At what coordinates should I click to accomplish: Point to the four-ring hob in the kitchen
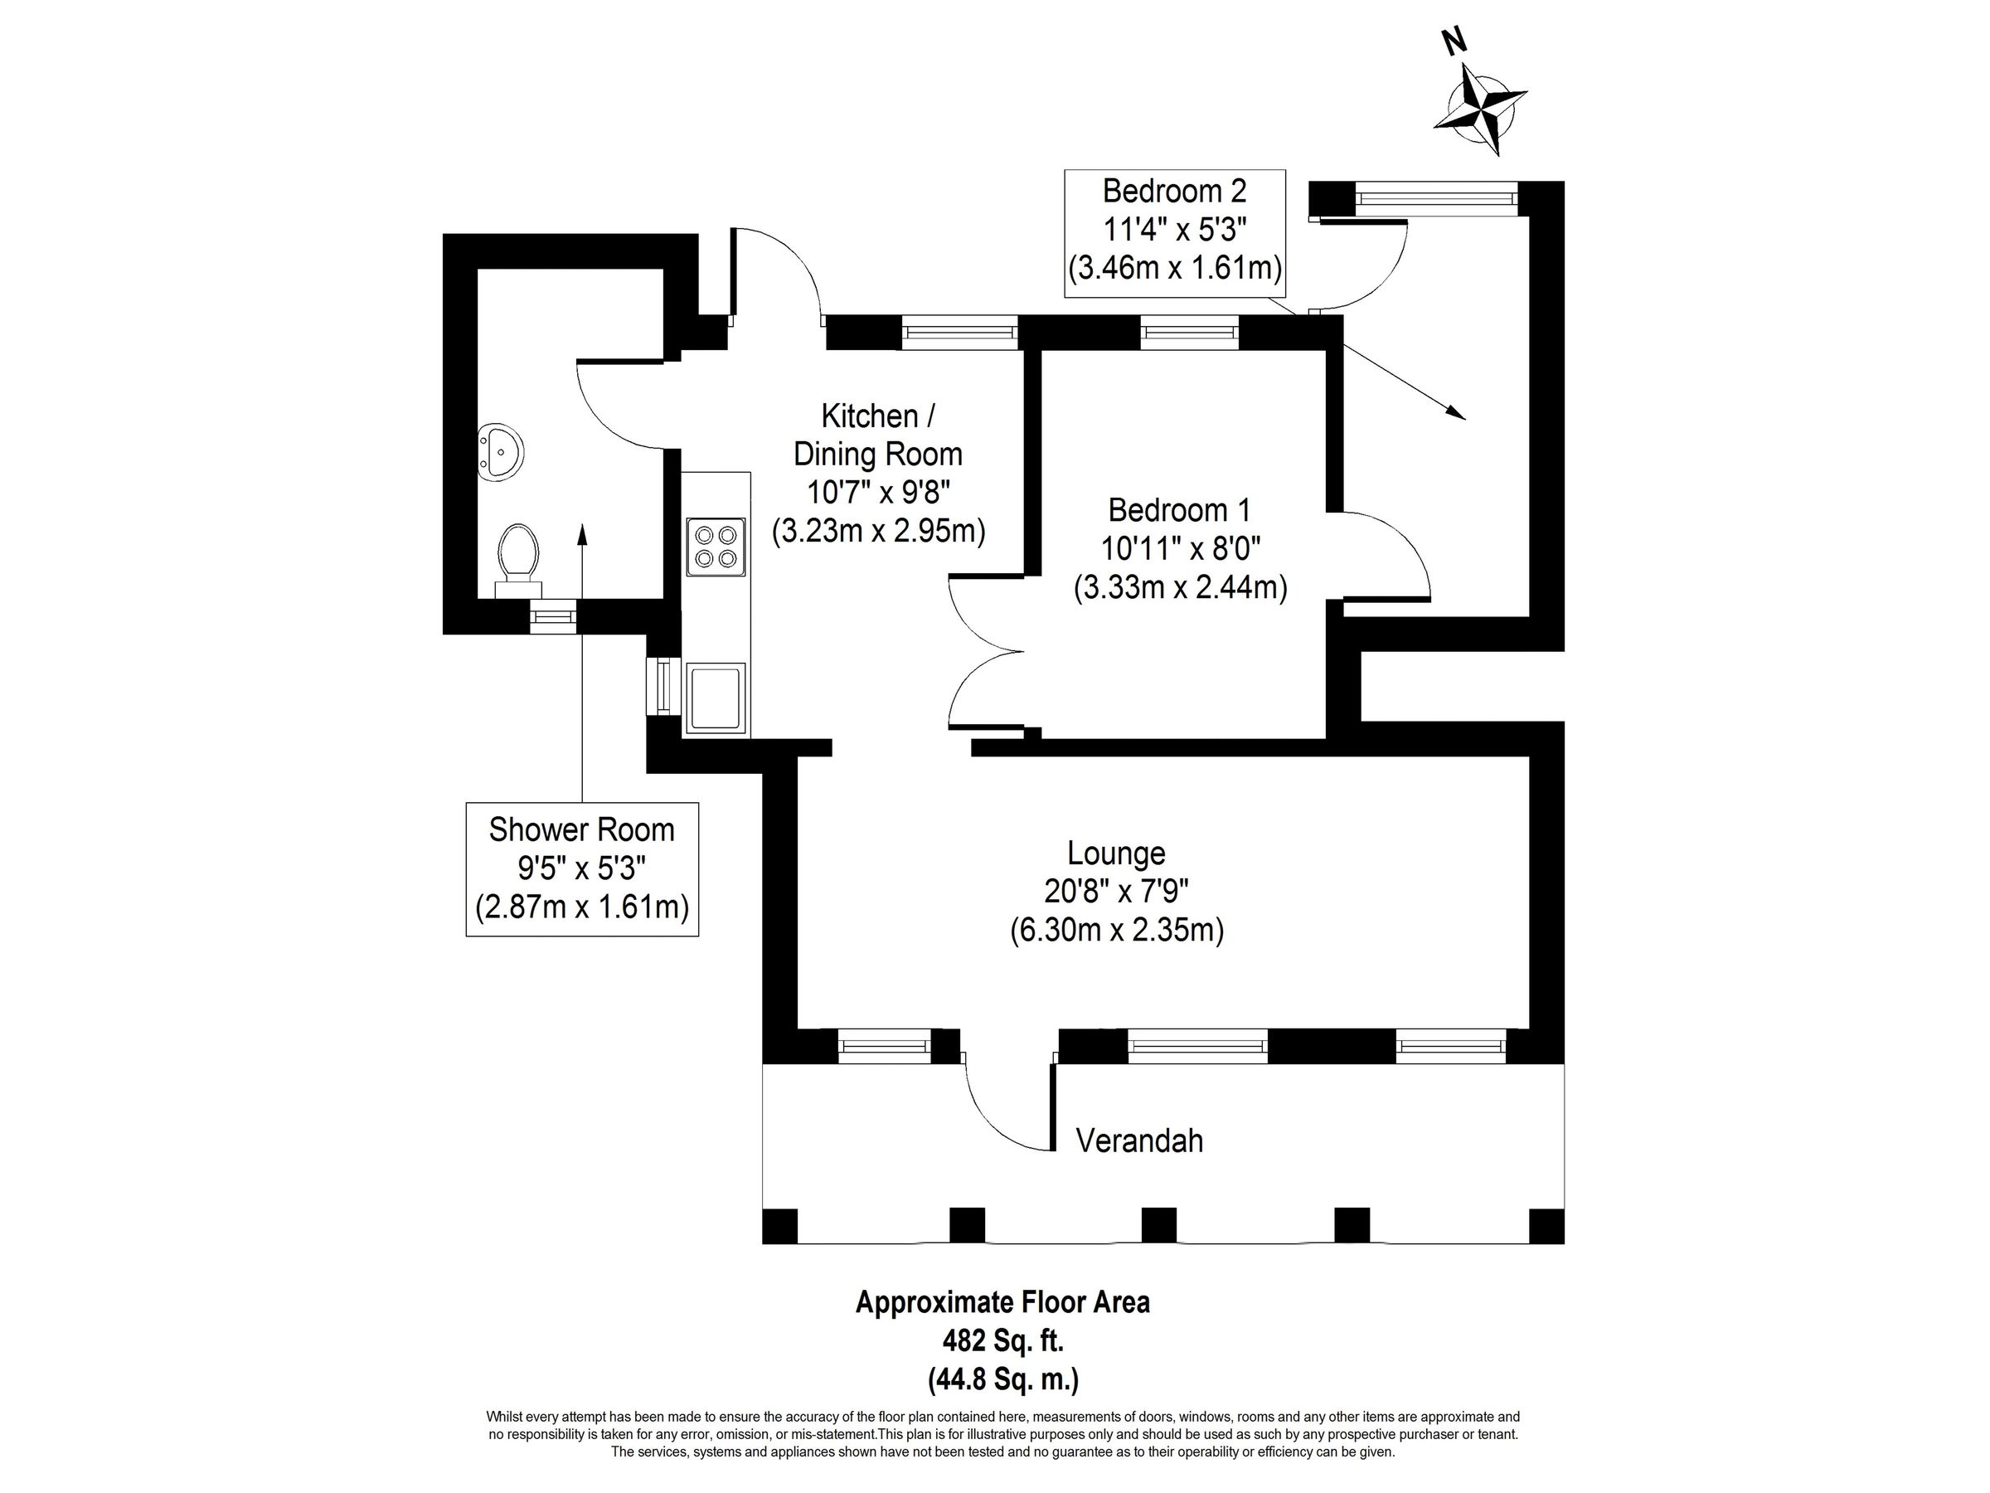point(716,547)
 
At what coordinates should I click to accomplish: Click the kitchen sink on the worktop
point(716,698)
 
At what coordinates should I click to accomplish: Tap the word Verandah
point(1139,1141)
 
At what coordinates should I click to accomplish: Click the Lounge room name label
point(1115,852)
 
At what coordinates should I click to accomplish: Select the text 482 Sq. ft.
point(1003,1341)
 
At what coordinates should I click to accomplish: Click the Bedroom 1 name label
point(1179,510)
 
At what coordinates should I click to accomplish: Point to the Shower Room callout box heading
point(581,829)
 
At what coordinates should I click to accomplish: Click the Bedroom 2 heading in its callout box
point(1174,191)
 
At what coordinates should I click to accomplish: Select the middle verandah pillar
point(1158,1225)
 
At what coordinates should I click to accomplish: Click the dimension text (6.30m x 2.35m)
point(1115,931)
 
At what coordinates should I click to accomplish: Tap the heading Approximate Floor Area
point(1002,1302)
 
